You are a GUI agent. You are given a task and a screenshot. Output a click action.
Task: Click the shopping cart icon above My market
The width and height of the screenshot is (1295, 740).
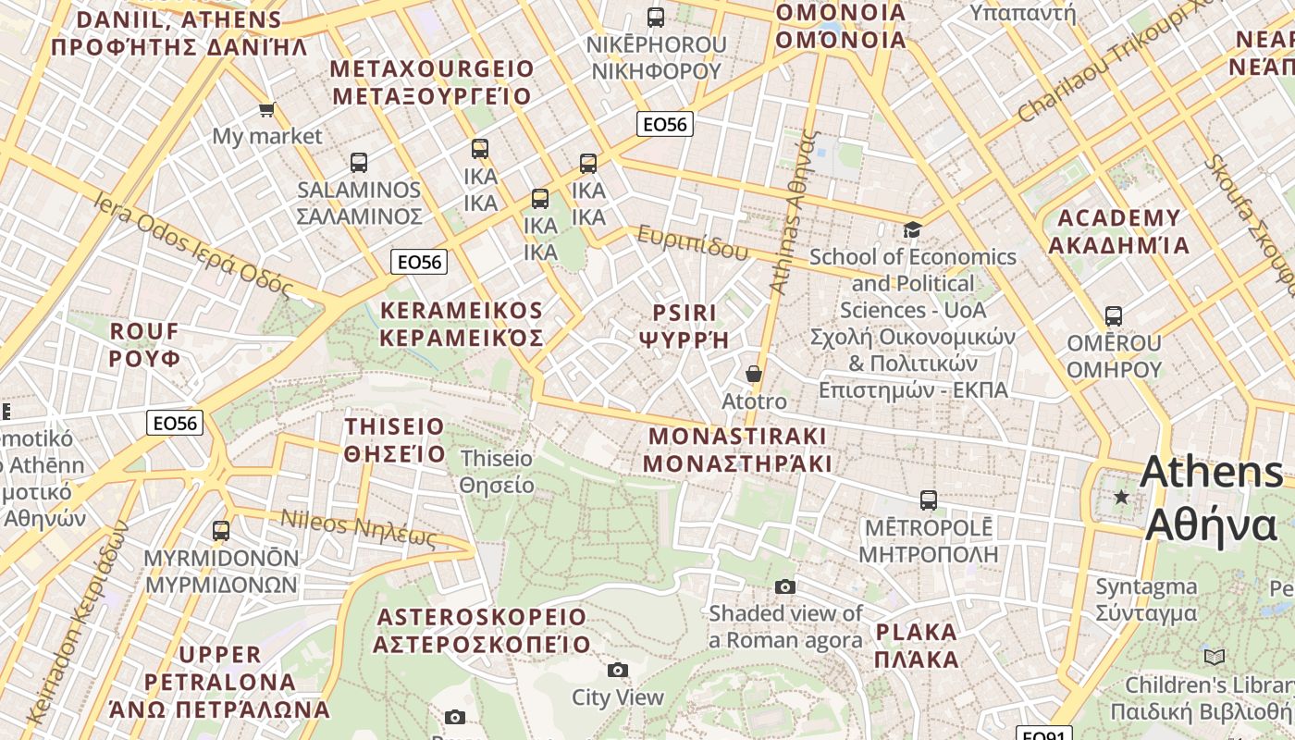tap(267, 110)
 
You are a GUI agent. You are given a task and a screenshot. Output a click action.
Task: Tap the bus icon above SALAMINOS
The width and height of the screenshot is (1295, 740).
tap(359, 163)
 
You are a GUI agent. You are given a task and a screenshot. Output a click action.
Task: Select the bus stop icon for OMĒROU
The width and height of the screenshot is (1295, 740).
tap(1114, 316)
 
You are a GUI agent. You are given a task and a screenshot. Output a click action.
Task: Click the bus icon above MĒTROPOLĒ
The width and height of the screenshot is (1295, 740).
tap(929, 500)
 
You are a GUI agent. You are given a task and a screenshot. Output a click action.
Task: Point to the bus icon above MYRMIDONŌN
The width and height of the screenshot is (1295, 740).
tap(221, 531)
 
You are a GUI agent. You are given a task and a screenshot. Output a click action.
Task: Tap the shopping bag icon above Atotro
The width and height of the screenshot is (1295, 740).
tap(754, 374)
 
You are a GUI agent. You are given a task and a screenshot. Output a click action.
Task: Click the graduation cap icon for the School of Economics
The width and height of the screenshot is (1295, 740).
tap(913, 229)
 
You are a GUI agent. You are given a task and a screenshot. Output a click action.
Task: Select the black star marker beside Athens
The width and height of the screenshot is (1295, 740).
tap(1122, 498)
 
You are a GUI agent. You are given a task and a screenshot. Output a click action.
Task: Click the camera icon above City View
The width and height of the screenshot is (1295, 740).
tap(618, 670)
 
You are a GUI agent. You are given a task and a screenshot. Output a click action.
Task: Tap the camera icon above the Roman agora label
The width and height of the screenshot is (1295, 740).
tap(785, 586)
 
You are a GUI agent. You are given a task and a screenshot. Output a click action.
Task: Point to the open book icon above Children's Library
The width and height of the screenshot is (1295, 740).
tap(1215, 657)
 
